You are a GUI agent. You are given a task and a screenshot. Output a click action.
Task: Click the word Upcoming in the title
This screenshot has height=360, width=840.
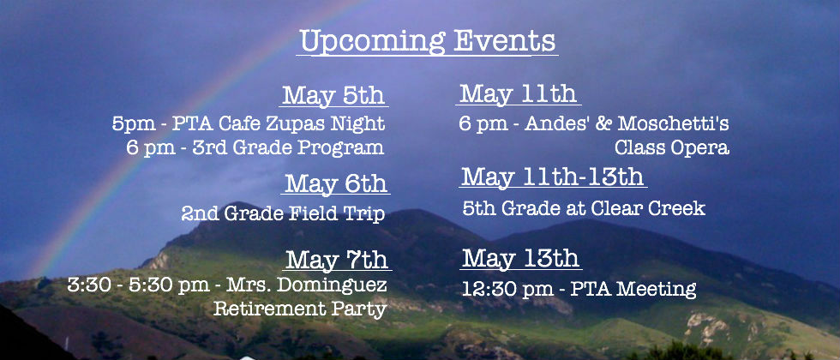coord(372,41)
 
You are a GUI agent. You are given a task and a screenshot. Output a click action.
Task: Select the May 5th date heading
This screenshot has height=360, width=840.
coord(333,95)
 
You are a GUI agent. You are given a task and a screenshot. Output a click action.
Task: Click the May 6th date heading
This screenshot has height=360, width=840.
coord(336,183)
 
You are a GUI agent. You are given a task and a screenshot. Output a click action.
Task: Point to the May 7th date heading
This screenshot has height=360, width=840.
coord(337,260)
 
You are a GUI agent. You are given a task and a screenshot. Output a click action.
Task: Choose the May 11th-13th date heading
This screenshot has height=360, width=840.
coord(552,177)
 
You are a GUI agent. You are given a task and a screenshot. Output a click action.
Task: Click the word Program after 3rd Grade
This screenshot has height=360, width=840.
coord(341,147)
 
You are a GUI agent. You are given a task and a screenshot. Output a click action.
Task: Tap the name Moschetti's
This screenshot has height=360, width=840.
coord(673,123)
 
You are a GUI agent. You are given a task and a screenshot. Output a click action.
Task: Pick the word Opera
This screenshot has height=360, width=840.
coord(701,147)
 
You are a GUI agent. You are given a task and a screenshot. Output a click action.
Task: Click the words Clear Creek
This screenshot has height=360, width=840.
coord(634,207)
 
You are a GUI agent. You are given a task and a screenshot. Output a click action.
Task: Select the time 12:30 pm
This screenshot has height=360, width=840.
coord(507,290)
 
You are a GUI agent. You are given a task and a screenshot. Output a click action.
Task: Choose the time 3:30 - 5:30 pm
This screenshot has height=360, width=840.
coord(138,285)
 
